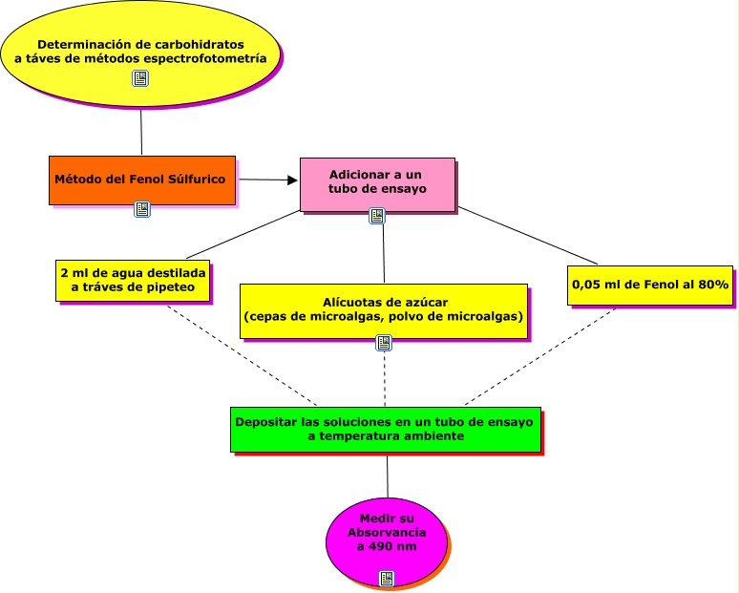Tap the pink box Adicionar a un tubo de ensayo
376,182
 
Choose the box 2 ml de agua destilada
132,279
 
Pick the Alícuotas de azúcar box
383,309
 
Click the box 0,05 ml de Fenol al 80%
650,285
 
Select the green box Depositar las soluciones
386,428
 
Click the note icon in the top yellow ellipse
140,79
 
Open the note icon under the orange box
142,209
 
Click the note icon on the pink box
377,216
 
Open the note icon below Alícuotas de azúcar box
385,344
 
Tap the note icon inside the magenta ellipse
387,578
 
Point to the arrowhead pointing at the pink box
292,180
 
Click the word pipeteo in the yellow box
167,286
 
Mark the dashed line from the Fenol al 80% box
539,353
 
